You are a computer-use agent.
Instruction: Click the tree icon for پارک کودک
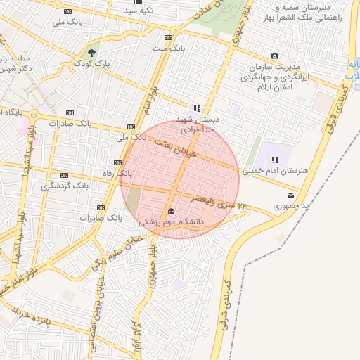click(x=91, y=52)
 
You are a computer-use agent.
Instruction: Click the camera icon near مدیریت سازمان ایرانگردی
click(x=274, y=56)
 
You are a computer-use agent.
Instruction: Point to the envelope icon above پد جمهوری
click(x=291, y=195)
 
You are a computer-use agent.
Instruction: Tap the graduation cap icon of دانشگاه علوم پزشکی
click(x=171, y=212)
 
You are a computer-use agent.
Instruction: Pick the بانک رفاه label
click(x=115, y=172)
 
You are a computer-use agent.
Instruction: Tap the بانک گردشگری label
click(x=63, y=186)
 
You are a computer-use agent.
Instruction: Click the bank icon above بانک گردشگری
click(x=65, y=175)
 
